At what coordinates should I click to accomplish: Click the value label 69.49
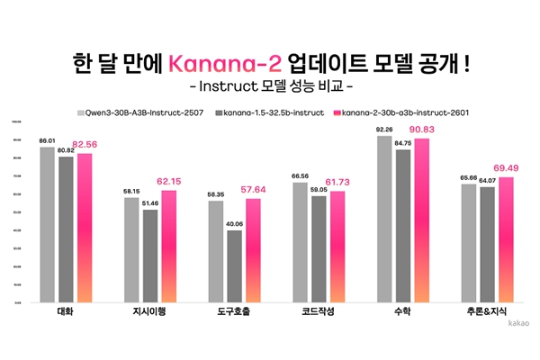[x=507, y=168]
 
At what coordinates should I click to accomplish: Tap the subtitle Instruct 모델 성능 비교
[x=269, y=89]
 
